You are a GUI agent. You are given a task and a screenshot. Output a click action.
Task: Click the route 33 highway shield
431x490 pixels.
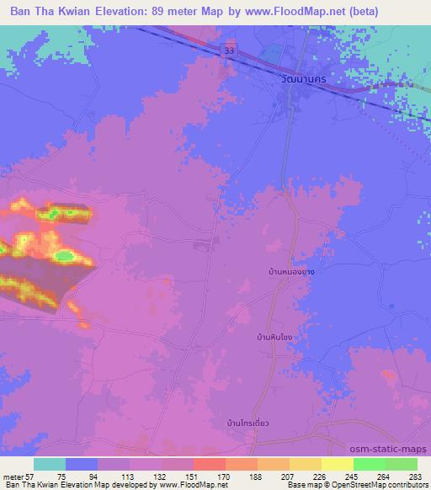tap(230, 51)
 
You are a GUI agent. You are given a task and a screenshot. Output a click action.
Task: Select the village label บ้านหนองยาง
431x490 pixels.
tap(291, 274)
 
